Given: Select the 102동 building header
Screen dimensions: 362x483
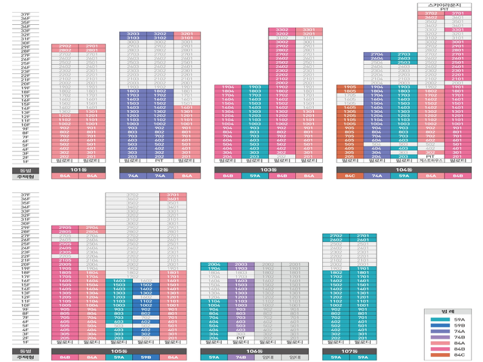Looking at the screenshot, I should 159,170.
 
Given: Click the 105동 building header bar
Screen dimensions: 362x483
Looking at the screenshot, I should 118,351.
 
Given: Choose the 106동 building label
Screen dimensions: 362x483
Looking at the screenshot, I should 254,351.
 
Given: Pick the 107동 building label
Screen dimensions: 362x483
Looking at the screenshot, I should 349,351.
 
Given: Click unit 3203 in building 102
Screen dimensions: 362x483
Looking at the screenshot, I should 134,35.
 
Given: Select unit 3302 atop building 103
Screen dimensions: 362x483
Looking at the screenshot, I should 281,29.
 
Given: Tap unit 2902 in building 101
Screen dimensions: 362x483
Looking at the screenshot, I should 66,47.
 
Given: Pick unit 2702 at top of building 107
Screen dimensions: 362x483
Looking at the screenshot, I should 336,236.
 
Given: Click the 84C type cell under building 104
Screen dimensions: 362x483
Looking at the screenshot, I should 349,176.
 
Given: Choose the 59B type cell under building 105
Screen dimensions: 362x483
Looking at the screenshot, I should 146,357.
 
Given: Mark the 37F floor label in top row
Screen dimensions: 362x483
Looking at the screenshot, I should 26,14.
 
